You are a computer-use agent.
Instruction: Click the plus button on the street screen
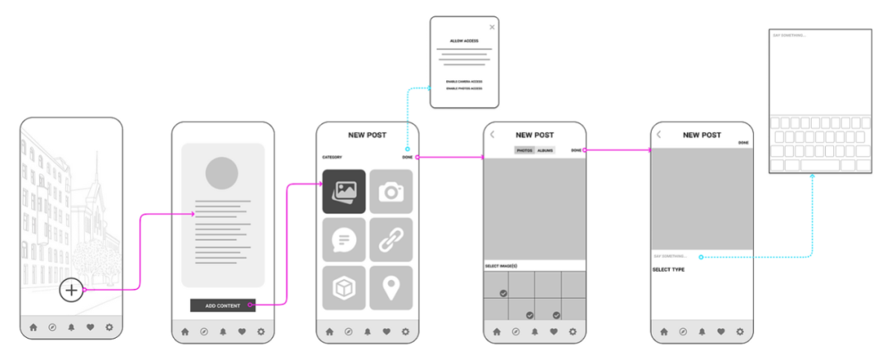[x=72, y=290]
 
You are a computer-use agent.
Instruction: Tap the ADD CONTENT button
[x=222, y=306]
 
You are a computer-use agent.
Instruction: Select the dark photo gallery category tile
[x=344, y=191]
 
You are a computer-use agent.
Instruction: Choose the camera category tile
[x=391, y=191]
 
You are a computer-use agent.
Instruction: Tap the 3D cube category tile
[x=344, y=287]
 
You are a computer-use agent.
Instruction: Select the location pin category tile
[x=391, y=287]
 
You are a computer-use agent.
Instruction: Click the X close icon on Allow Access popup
[x=492, y=27]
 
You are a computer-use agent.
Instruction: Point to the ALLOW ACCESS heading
[x=464, y=40]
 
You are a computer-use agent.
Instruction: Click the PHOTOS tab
[x=524, y=150]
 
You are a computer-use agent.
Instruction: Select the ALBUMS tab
[x=545, y=150]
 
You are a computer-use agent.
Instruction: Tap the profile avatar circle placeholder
[x=222, y=173]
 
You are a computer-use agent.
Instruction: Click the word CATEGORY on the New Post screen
[x=332, y=157]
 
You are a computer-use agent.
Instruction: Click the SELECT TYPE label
[x=668, y=270]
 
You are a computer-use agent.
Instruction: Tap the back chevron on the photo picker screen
[x=492, y=134]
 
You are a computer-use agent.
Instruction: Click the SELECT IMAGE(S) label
[x=502, y=266]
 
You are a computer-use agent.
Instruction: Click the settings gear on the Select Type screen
[x=740, y=332]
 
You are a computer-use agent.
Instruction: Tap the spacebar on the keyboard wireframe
[x=820, y=165]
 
